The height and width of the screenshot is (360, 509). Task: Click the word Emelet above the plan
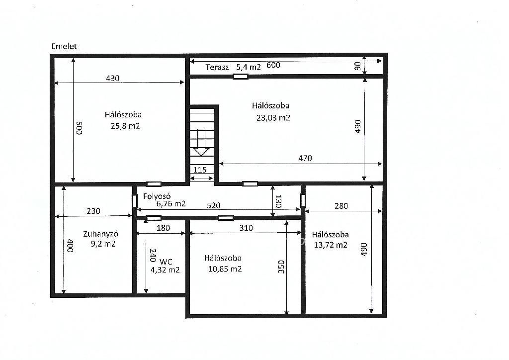(64, 46)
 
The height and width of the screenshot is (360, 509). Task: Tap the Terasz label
(217, 67)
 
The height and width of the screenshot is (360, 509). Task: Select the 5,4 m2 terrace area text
(249, 67)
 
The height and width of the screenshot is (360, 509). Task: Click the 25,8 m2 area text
(125, 126)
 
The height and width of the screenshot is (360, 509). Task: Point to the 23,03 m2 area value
(273, 117)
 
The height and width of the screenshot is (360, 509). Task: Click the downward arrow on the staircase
(201, 142)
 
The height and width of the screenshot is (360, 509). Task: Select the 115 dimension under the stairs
(200, 170)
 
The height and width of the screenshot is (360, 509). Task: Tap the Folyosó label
(157, 196)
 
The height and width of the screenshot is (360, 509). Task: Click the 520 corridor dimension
(214, 205)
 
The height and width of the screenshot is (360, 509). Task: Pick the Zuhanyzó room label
(100, 234)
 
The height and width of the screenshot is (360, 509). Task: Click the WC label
(166, 262)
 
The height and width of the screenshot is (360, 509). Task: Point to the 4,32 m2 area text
(165, 270)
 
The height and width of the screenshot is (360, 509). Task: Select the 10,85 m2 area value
(225, 269)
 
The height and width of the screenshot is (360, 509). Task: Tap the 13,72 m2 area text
(331, 245)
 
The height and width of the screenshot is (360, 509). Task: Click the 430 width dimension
(113, 78)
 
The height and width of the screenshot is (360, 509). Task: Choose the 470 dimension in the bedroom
(305, 158)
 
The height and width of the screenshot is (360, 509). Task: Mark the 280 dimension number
(341, 206)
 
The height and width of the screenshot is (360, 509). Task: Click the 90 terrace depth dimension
(357, 66)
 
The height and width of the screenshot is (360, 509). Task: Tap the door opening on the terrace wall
(241, 77)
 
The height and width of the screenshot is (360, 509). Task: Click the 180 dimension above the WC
(163, 228)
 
